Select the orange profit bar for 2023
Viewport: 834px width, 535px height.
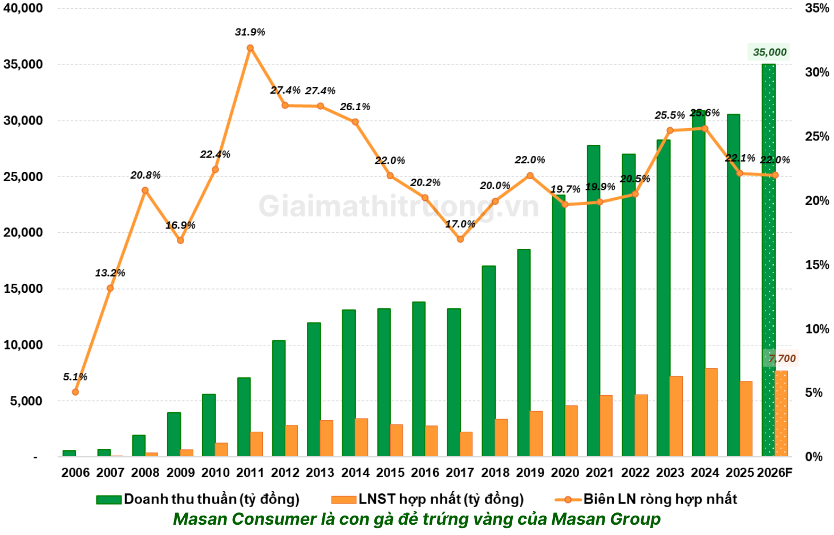tap(676, 416)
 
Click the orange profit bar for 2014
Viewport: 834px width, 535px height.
tap(361, 437)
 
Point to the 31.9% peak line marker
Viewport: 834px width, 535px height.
tap(250, 48)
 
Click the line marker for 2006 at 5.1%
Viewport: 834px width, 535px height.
tap(75, 392)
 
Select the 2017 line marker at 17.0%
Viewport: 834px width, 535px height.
tap(460, 239)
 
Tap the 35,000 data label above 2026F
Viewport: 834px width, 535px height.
tap(769, 53)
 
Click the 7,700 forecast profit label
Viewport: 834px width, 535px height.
tap(782, 359)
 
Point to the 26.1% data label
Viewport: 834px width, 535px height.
tap(355, 107)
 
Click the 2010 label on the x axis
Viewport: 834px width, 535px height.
tap(215, 473)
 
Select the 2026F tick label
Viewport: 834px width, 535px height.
tap(775, 473)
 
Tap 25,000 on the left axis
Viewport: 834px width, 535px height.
tap(23, 176)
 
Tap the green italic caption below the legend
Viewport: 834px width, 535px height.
tap(416, 519)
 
